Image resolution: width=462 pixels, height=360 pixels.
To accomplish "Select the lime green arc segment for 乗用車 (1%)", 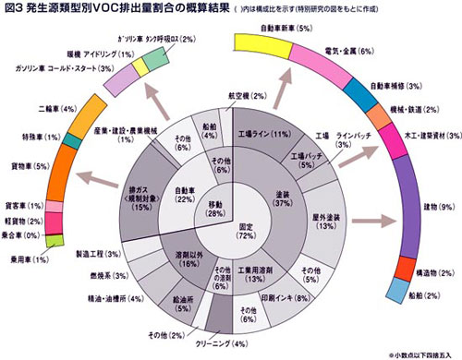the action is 55,239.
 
